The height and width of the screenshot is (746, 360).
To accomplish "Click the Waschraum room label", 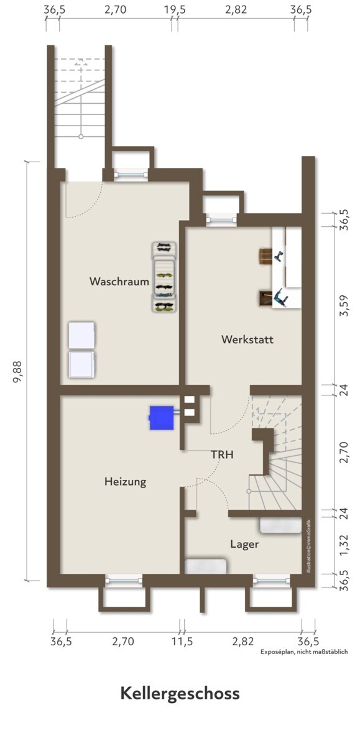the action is click(119, 282).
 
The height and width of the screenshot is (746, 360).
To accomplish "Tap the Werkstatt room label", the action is click(247, 339).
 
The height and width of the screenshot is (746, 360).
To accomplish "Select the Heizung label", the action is click(125, 482).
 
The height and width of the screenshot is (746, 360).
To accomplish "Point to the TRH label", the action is click(222, 454).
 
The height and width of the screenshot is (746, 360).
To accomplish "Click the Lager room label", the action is click(244, 544).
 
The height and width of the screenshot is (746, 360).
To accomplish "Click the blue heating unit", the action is click(162, 418).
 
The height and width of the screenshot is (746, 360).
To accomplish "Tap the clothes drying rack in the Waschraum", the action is click(164, 277).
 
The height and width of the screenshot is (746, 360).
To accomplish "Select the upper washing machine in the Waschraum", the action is click(82, 335).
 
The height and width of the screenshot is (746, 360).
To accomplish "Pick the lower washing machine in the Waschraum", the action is click(82, 364).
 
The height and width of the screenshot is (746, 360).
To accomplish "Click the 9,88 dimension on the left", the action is click(17, 372).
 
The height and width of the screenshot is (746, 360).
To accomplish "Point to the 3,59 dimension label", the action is click(344, 306).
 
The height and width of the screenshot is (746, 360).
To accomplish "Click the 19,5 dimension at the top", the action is click(175, 9).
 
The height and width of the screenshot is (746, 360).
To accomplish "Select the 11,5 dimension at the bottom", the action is click(182, 642).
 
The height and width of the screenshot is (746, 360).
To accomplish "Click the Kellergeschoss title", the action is click(180, 694).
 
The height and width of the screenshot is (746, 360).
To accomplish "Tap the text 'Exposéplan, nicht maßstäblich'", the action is click(303, 652).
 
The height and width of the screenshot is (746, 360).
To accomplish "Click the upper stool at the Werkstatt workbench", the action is click(265, 257).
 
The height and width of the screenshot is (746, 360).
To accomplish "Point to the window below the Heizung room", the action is click(124, 581).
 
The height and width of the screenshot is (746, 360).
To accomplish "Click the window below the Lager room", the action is click(271, 581).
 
